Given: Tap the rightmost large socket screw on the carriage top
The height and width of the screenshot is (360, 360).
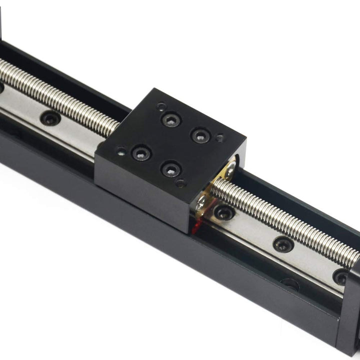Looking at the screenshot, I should (199, 135).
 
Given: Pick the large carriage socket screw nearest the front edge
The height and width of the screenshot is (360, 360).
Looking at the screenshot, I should (170, 168).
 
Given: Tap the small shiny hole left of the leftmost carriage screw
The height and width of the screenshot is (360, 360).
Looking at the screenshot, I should (120, 149).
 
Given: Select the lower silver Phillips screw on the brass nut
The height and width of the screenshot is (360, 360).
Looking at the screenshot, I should (203, 202).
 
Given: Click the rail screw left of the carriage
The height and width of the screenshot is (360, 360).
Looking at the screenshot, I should (50, 118).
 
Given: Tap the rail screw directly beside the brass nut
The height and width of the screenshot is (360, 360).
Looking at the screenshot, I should (223, 212).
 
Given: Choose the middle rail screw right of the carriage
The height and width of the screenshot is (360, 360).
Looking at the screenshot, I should (283, 244).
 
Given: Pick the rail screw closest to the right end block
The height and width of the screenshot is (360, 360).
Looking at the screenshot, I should (341, 276).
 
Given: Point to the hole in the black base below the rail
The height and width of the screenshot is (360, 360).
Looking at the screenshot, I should (290, 285).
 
